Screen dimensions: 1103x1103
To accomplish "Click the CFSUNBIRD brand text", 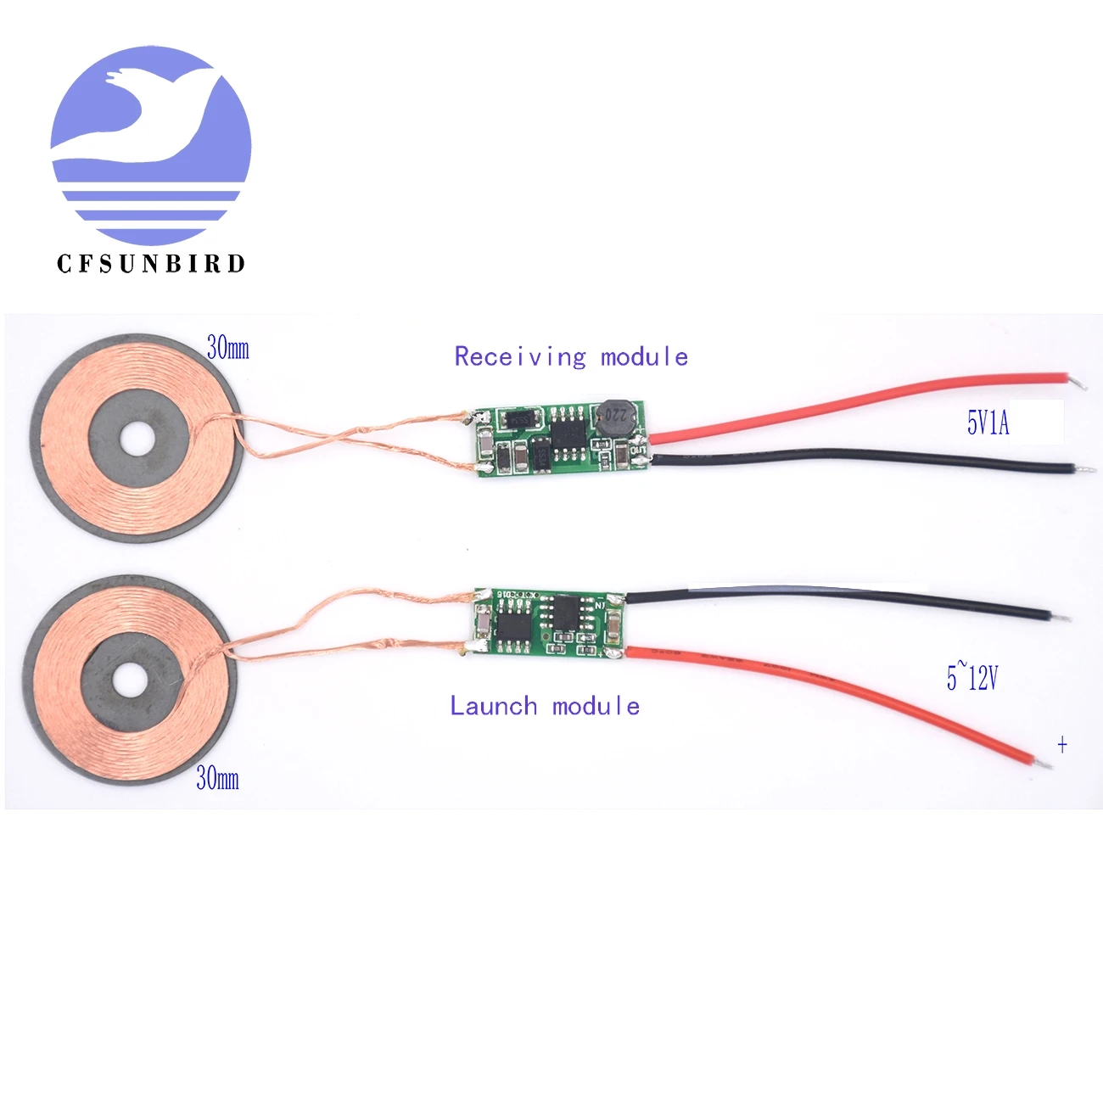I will point(151,264).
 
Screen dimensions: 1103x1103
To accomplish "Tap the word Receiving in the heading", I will point(519,357).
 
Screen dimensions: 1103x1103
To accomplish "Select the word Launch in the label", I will point(493,706).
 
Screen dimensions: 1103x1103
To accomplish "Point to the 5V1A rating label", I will point(988,423).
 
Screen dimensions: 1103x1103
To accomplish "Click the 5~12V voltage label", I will point(972,677).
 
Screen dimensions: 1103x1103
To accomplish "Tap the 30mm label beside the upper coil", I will point(228,348).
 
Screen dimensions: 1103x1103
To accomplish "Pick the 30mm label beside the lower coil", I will point(217,778).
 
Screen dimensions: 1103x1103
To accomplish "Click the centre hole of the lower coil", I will point(129,679).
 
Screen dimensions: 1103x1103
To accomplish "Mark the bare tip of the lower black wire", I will point(1063,617).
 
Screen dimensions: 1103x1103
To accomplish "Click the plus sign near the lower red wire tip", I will point(1062,745).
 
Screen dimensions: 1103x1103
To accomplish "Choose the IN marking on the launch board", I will point(600,605).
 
